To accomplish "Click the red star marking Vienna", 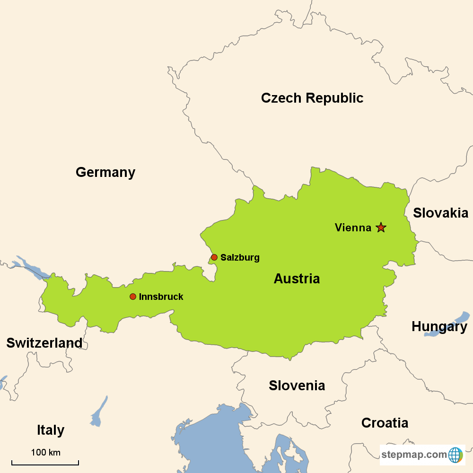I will [x=381, y=228].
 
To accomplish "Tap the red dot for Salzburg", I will [x=214, y=257].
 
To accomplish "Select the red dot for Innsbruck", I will [x=133, y=297].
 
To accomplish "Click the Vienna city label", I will [x=353, y=228].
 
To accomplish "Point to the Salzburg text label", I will [x=240, y=258].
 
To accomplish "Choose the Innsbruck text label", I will [x=161, y=297].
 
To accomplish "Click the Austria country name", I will [x=297, y=279].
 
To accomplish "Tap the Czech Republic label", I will [x=312, y=98].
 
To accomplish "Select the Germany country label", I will [x=105, y=172].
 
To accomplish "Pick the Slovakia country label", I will [x=440, y=213].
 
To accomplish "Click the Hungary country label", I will [x=439, y=326].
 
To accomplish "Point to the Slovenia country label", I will [x=297, y=385].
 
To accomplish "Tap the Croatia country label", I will [x=385, y=422].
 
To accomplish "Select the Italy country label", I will [x=51, y=430].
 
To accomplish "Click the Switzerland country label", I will [x=44, y=343].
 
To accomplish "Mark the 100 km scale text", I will [x=45, y=453].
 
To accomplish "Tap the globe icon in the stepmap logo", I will [x=455, y=455].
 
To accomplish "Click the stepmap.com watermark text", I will [x=414, y=455].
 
